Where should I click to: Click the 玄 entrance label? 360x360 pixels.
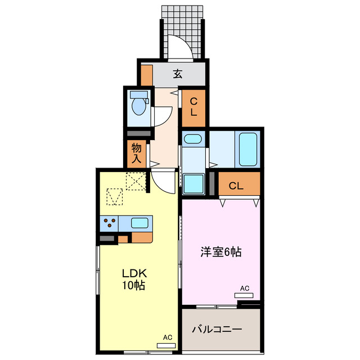click(177, 74)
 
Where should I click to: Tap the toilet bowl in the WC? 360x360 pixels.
click(137, 106)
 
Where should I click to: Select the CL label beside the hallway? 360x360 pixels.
click(193, 107)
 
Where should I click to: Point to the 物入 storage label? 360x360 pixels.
click(137, 152)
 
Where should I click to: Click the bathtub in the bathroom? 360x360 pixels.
click(247, 148)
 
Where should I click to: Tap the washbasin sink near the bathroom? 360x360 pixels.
click(192, 139)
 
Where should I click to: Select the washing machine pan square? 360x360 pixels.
click(193, 183)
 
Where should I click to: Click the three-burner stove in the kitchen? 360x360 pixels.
click(111, 223)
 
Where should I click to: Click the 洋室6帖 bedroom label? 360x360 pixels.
click(221, 252)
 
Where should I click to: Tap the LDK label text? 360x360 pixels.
click(134, 273)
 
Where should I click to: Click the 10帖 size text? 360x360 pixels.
click(134, 286)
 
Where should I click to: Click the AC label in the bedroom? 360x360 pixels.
click(244, 289)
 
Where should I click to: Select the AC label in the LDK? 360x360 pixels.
click(167, 337)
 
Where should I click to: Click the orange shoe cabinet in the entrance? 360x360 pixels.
click(147, 74)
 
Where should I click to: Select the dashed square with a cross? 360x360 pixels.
click(136, 182)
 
